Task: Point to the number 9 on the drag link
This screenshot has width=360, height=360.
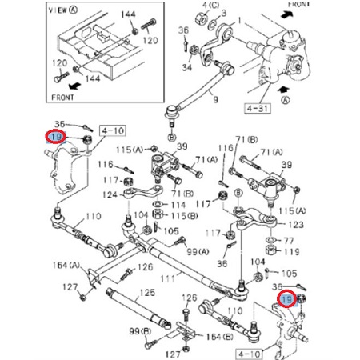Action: click(x=214, y=100)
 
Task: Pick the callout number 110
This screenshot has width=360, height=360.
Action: click(x=94, y=216)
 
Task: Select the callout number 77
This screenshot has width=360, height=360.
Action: click(x=290, y=239)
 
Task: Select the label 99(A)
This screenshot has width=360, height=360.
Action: click(x=196, y=251)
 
